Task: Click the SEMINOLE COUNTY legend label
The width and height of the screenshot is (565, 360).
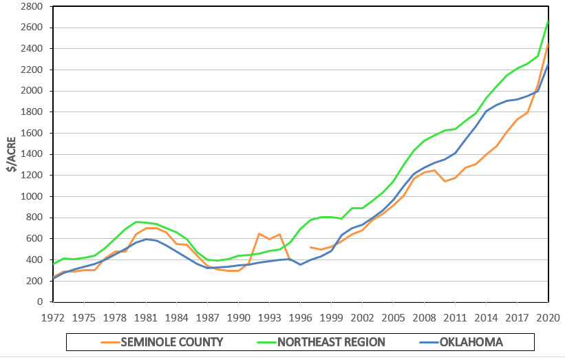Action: [172, 342]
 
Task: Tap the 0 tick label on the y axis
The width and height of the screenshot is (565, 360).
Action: [40, 302]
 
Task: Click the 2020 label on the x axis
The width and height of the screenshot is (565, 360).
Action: [548, 319]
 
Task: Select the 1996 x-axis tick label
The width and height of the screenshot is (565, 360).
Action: [300, 319]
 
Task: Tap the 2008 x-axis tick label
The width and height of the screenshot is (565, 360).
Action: [424, 319]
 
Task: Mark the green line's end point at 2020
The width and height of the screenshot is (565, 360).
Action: [548, 21]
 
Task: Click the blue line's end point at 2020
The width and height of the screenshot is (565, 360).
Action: [548, 64]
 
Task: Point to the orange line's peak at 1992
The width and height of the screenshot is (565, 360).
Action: [259, 233]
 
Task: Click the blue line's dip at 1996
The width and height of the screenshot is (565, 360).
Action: [300, 264]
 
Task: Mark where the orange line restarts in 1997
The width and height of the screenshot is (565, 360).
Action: [310, 247]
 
